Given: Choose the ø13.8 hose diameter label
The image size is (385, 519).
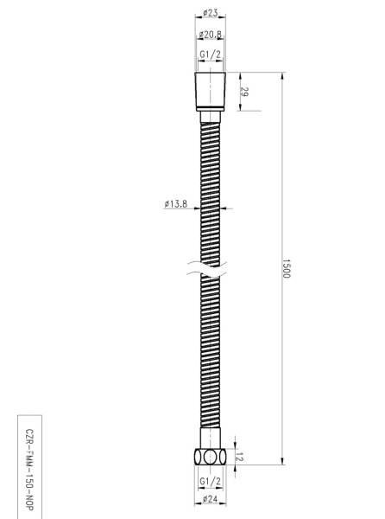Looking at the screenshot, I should point(176,204).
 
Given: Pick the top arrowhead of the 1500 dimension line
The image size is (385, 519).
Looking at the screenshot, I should point(282,77).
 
